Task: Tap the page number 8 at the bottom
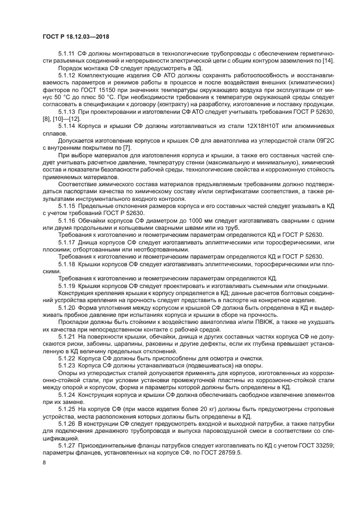44,462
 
